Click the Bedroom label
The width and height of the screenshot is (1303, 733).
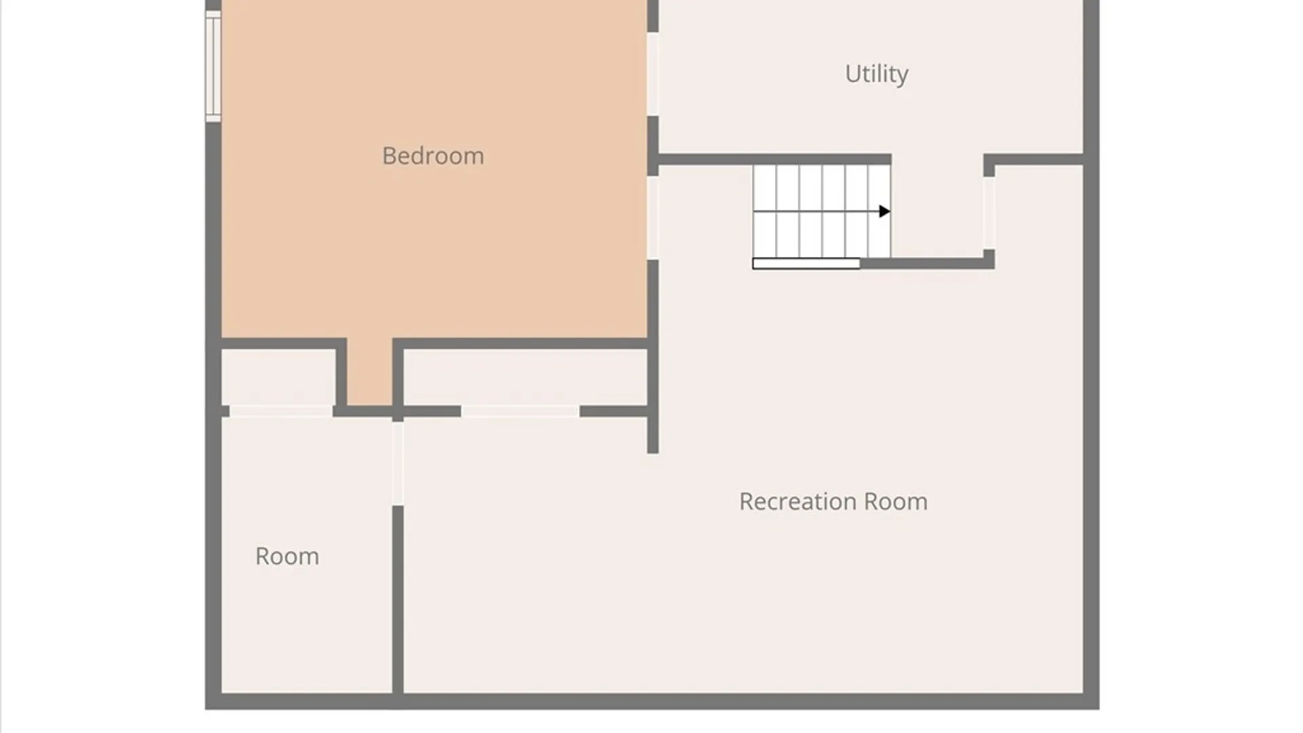tap(433, 156)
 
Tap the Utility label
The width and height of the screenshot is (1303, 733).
tap(876, 74)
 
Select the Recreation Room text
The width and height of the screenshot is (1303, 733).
tap(833, 502)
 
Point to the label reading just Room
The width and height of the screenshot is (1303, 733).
tap(287, 557)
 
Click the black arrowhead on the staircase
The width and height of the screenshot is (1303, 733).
tap(884, 212)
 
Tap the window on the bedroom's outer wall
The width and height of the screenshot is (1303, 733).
tap(213, 66)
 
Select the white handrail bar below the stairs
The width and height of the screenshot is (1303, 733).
tap(806, 263)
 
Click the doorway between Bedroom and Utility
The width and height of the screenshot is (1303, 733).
tap(652, 74)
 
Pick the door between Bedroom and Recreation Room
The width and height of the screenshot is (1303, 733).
tap(652, 217)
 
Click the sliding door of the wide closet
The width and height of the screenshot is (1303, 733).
tap(520, 411)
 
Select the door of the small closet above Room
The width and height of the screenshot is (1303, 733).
tap(281, 411)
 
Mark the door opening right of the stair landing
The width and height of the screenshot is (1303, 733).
tap(989, 213)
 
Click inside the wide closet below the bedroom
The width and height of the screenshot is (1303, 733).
tap(525, 377)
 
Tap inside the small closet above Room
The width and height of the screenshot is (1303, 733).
tap(278, 377)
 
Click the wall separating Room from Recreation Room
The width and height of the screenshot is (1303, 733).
tap(398, 599)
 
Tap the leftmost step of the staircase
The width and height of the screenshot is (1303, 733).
tap(765, 211)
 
